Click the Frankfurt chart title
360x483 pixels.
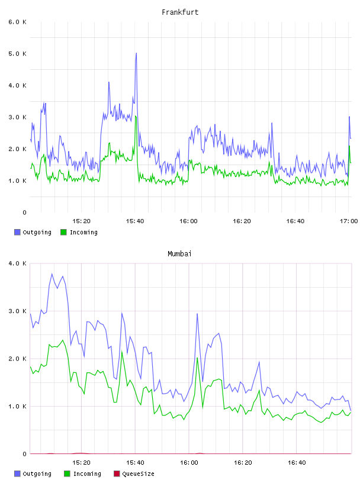point(180,12)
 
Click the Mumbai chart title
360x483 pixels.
point(179,254)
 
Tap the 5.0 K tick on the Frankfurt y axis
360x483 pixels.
point(18,54)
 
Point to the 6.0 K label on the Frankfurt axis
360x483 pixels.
point(18,22)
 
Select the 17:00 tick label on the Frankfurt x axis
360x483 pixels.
point(349,221)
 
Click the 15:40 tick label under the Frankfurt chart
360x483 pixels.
point(134,221)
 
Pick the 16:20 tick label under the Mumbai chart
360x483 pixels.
point(243,462)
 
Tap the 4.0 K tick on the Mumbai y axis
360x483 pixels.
point(18,263)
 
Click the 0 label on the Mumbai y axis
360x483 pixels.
point(25,454)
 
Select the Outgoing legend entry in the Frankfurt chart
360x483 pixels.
point(33,232)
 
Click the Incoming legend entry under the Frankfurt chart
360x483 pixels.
point(79,232)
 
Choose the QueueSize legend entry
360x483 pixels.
point(134,474)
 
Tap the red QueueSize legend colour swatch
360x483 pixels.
point(117,474)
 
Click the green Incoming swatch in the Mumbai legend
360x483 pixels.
point(67,474)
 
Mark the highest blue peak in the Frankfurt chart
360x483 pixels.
point(136,53)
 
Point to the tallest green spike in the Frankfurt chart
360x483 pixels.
point(136,116)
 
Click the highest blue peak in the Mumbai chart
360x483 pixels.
point(52,273)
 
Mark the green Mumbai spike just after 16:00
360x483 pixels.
point(197,358)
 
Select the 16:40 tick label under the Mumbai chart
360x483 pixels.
point(297,462)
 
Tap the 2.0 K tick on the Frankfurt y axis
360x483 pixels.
point(18,149)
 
